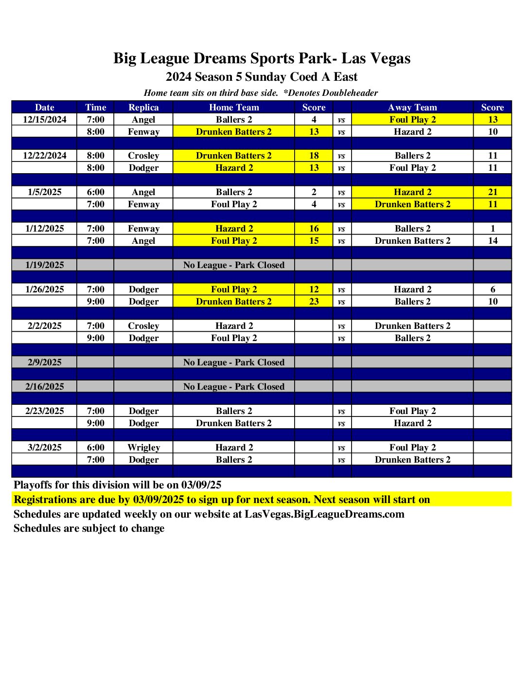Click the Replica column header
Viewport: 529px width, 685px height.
click(143, 108)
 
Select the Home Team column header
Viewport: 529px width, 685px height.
click(234, 108)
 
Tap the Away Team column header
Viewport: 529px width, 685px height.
click(412, 108)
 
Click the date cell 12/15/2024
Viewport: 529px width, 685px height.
click(45, 120)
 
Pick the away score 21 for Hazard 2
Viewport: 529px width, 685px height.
click(493, 192)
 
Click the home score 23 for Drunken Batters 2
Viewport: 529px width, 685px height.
click(314, 302)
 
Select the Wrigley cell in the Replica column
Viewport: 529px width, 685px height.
click(143, 448)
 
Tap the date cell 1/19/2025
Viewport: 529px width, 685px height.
click(45, 265)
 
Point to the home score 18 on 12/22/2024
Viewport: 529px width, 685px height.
click(314, 156)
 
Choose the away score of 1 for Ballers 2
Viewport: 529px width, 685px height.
click(493, 229)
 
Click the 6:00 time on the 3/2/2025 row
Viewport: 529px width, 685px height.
click(95, 448)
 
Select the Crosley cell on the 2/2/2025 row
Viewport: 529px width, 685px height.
click(143, 326)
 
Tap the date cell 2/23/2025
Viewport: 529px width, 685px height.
click(45, 411)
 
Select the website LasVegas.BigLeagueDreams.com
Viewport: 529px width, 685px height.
click(324, 514)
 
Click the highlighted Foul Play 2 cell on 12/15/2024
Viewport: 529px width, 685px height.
click(412, 120)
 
